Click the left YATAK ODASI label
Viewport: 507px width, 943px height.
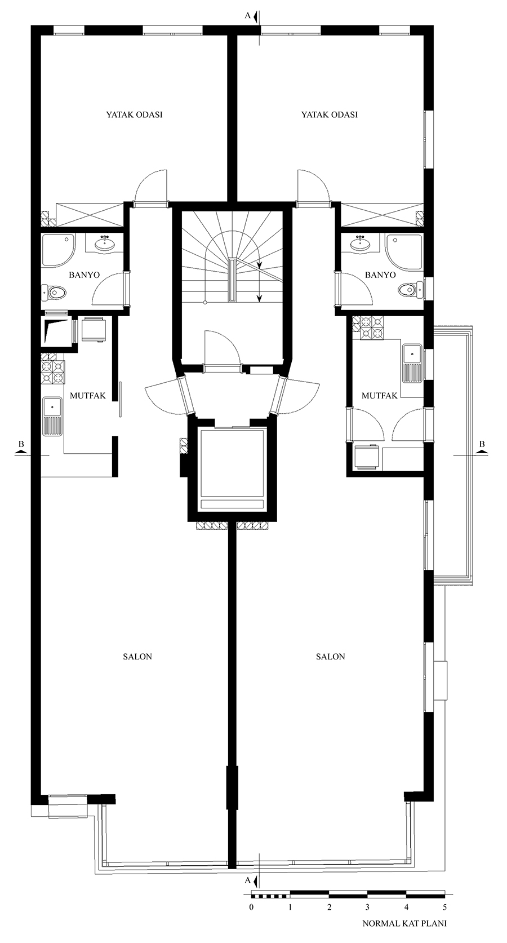[x=134, y=114]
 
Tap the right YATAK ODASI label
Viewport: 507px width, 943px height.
[x=330, y=114]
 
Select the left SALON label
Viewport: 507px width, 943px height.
[x=137, y=656]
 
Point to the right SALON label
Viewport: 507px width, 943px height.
[x=330, y=656]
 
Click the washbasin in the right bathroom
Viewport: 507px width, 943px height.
[x=361, y=243]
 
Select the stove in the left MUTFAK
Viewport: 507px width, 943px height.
[x=53, y=372]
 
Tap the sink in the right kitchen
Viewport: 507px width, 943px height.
[x=413, y=363]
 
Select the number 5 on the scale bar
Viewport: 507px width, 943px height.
[x=444, y=906]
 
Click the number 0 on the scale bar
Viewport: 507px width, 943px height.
[x=251, y=906]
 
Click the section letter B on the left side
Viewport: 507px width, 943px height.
[x=21, y=444]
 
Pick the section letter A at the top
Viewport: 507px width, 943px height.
[x=247, y=16]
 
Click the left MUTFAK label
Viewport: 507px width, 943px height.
[x=87, y=396]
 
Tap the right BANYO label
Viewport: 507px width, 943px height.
[x=380, y=275]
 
